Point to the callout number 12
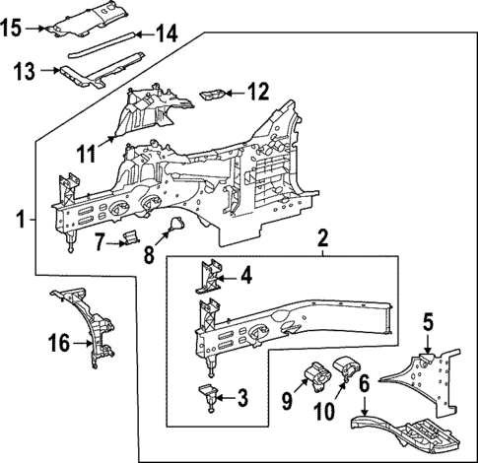pos(256,94)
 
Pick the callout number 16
pos(59,342)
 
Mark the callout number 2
pos(322,238)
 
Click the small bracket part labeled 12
pos(212,95)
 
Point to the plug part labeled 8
pos(174,230)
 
